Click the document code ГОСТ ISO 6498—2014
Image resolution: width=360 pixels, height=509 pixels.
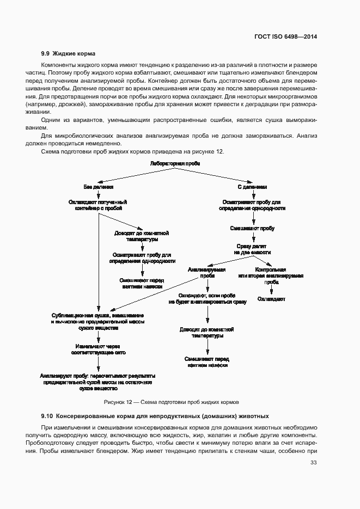click(x=285, y=36)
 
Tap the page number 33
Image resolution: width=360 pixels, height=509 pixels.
click(x=313, y=463)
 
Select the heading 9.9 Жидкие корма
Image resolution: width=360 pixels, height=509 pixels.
click(x=68, y=53)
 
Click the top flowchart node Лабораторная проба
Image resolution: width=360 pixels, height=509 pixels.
click(x=171, y=163)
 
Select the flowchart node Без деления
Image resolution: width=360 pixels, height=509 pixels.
click(x=98, y=186)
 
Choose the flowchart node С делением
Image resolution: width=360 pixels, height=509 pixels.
click(x=252, y=186)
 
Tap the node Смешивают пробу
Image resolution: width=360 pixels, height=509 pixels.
click(x=252, y=229)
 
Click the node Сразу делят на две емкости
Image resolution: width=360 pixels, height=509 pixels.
click(x=252, y=249)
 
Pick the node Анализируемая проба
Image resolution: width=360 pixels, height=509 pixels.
click(x=207, y=272)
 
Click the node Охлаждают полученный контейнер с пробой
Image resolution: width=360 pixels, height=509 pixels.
click(x=98, y=205)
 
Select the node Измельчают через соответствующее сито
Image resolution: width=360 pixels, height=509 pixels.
click(x=98, y=349)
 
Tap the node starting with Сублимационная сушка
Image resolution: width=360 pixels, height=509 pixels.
click(x=98, y=322)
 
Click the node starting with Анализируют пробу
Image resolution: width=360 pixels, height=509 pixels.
click(x=98, y=383)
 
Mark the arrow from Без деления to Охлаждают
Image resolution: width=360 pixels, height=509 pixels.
click(x=98, y=194)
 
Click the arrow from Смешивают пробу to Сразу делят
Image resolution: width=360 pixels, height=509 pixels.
click(x=252, y=237)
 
